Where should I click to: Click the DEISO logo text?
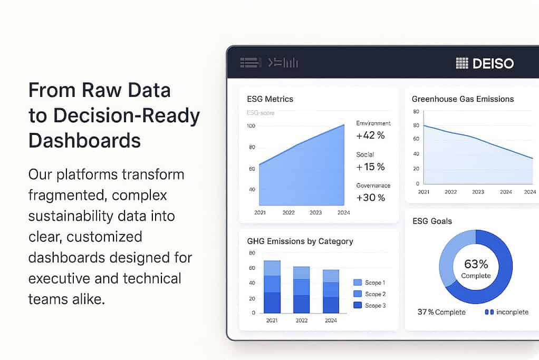493,64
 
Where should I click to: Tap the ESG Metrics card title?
270,99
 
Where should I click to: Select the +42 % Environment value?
370,135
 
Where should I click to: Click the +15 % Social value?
370,167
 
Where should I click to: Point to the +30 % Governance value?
370,198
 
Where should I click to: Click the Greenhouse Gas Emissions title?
463,99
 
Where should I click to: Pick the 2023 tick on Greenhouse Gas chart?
478,192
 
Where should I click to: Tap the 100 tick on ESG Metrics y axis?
251,126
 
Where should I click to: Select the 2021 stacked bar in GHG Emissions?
272,287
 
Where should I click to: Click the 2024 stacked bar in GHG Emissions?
331,291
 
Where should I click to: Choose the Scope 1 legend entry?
369,283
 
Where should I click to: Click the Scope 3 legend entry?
369,306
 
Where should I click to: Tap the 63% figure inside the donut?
476,264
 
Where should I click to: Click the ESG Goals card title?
432,221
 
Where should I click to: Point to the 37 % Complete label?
441,312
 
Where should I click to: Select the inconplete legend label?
506,312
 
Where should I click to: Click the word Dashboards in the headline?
84,141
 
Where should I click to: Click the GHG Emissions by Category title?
300,241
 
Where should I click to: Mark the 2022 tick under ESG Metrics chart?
288,213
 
